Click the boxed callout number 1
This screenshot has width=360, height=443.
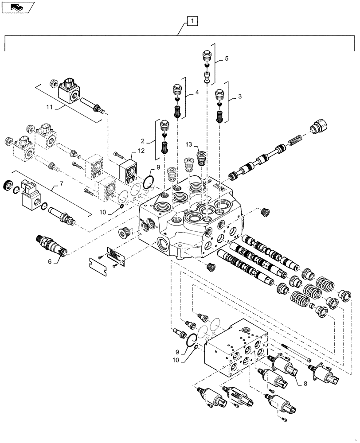click(x=192, y=20)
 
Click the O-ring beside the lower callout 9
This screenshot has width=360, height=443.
click(x=192, y=339)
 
